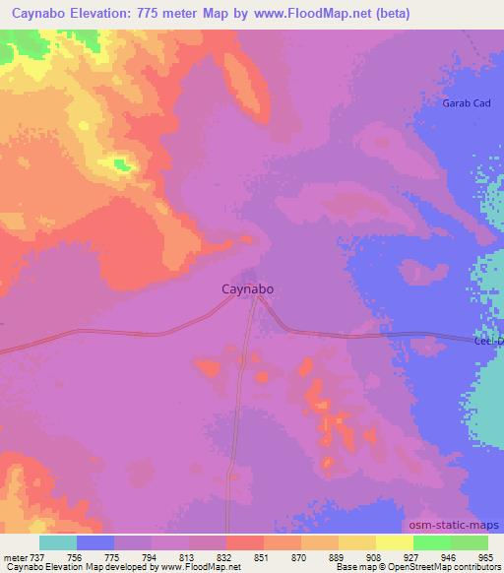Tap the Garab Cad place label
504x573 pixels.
467,103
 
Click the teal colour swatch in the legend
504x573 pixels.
58,542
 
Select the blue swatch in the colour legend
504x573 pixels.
95,542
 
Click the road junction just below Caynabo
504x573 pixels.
255,300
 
